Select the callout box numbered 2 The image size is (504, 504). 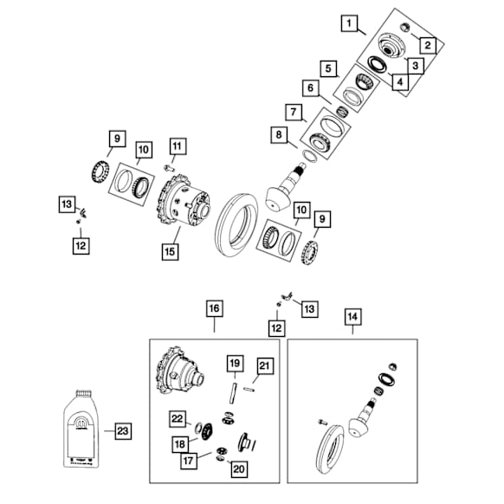tap(427, 45)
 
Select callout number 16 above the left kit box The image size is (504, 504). tap(214, 307)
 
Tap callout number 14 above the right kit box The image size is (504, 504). tap(352, 316)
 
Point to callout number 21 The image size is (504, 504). tap(265, 366)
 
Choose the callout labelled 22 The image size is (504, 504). tap(178, 418)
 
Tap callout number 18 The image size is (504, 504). tap(180, 443)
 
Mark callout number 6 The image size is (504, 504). tap(307, 87)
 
